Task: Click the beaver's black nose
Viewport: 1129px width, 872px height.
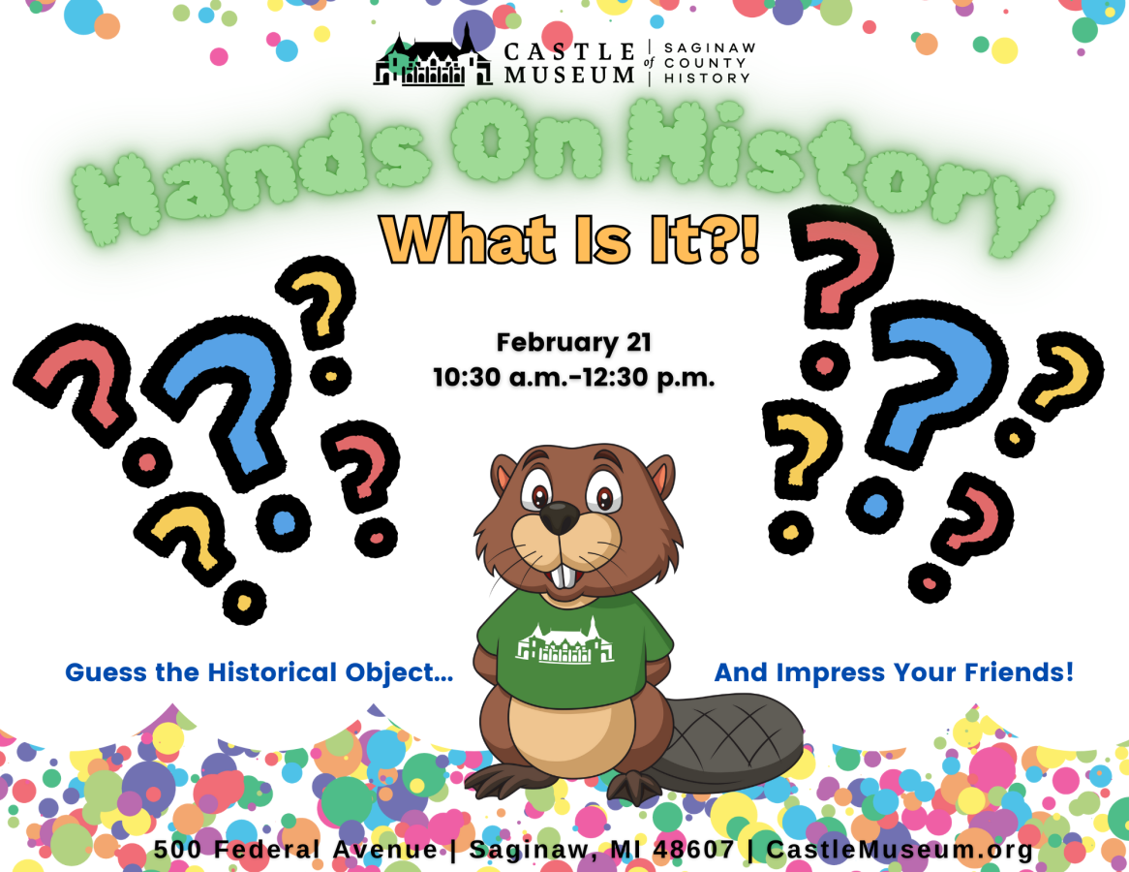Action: tap(560, 517)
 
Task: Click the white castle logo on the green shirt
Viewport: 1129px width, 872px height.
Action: tap(565, 641)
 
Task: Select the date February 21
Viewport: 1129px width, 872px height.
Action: tap(574, 342)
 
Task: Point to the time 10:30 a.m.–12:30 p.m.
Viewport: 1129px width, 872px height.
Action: tap(574, 377)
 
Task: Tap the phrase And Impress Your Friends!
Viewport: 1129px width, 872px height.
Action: tap(894, 672)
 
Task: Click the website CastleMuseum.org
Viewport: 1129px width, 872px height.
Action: tap(900, 849)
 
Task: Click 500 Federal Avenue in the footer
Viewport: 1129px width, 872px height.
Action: tap(295, 849)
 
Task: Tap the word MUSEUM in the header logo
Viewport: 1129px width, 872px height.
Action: tap(568, 75)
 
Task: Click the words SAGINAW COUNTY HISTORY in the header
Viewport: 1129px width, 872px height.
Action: tap(709, 63)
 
